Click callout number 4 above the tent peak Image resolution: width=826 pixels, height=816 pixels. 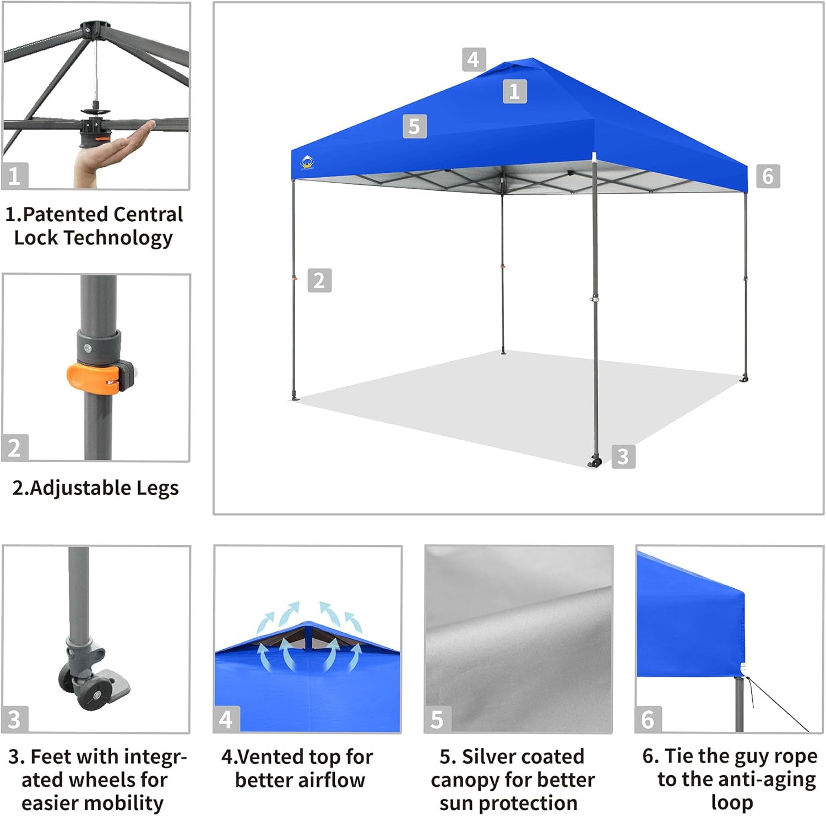pos(474,59)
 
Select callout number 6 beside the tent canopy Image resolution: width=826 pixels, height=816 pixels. pos(768,176)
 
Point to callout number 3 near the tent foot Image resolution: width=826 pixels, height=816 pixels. pos(623,457)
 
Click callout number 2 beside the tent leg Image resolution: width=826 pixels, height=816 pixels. pos(319,281)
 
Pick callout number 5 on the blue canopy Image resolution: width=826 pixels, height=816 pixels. pos(415,127)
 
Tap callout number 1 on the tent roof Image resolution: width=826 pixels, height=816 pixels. pos(514,91)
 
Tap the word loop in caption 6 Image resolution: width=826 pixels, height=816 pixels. pos(732,803)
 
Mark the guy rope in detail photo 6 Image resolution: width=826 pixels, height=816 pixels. pos(776,704)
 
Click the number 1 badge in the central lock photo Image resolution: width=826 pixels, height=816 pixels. pos(15,176)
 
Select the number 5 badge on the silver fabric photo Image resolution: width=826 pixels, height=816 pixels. pos(437,719)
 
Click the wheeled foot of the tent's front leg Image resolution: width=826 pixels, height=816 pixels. pos(595,461)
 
